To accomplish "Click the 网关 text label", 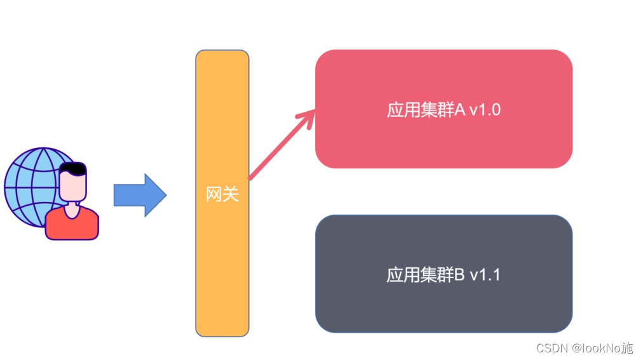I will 222,194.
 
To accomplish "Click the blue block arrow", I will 139,195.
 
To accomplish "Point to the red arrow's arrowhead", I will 309,116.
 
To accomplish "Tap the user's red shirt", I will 72,225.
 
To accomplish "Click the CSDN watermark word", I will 552,348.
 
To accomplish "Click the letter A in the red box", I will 460,110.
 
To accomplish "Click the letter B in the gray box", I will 460,275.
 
